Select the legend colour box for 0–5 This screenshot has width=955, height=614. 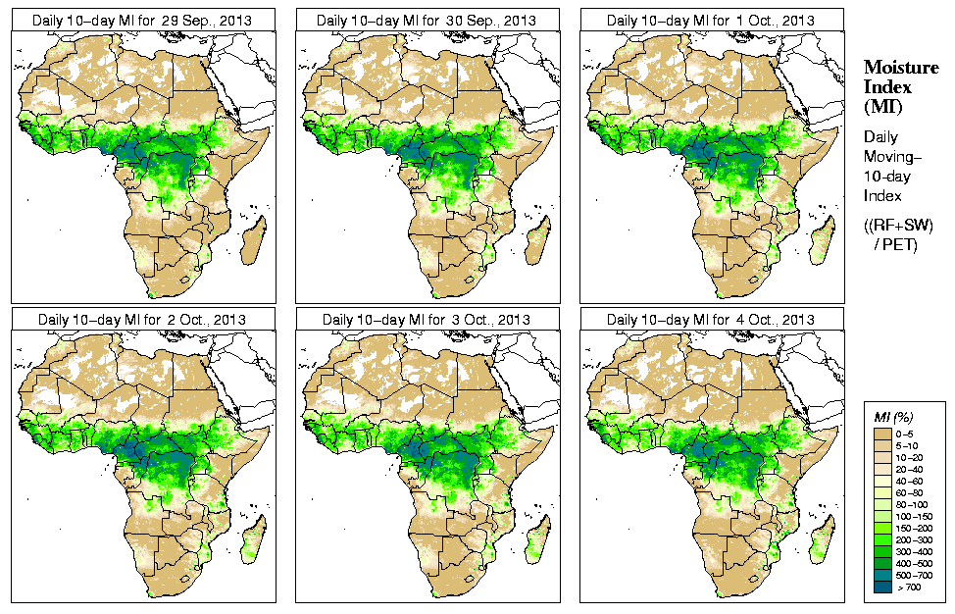[882, 432]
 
